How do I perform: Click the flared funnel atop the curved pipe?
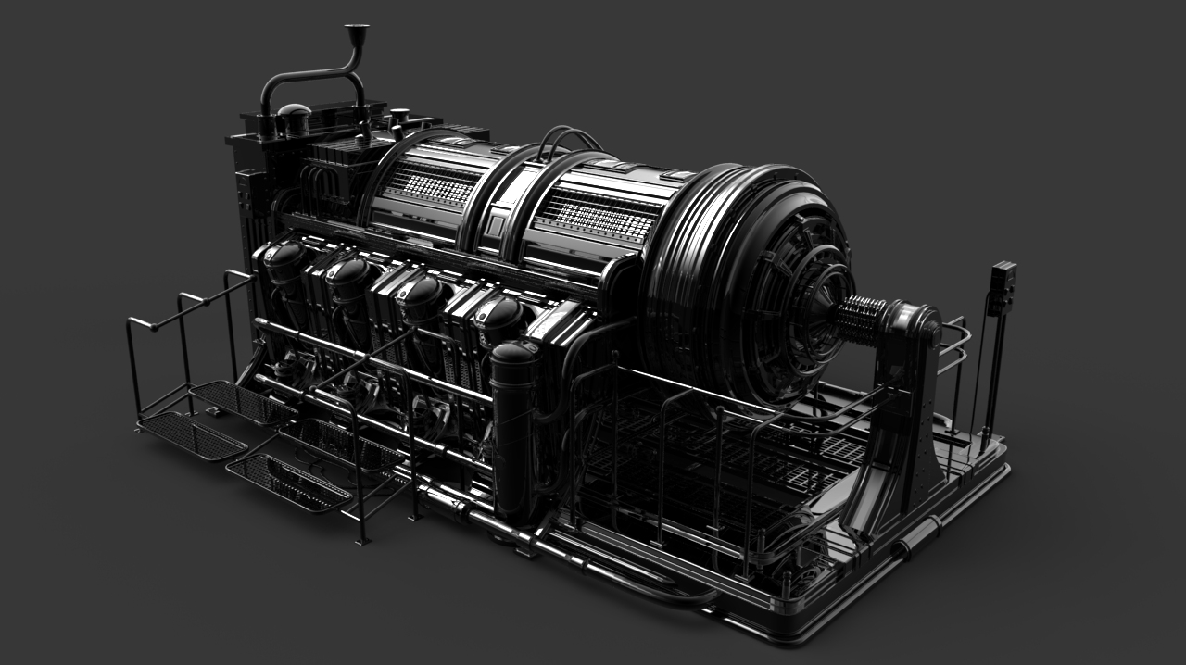357,33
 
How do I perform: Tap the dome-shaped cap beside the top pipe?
294,116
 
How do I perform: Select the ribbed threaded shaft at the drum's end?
861,320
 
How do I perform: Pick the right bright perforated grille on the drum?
599,219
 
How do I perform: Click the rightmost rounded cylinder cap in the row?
500,317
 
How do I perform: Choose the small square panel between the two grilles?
496,225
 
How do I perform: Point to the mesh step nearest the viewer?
287,482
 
